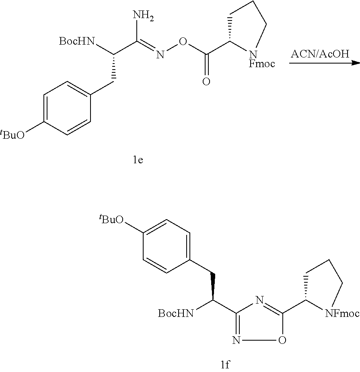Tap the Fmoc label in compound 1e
[x=261, y=63]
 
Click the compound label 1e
[x=138, y=160]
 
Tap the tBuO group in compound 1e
[x=13, y=135]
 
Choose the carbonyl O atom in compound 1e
[x=206, y=82]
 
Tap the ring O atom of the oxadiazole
[x=282, y=341]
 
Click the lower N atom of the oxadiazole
[x=236, y=341]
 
